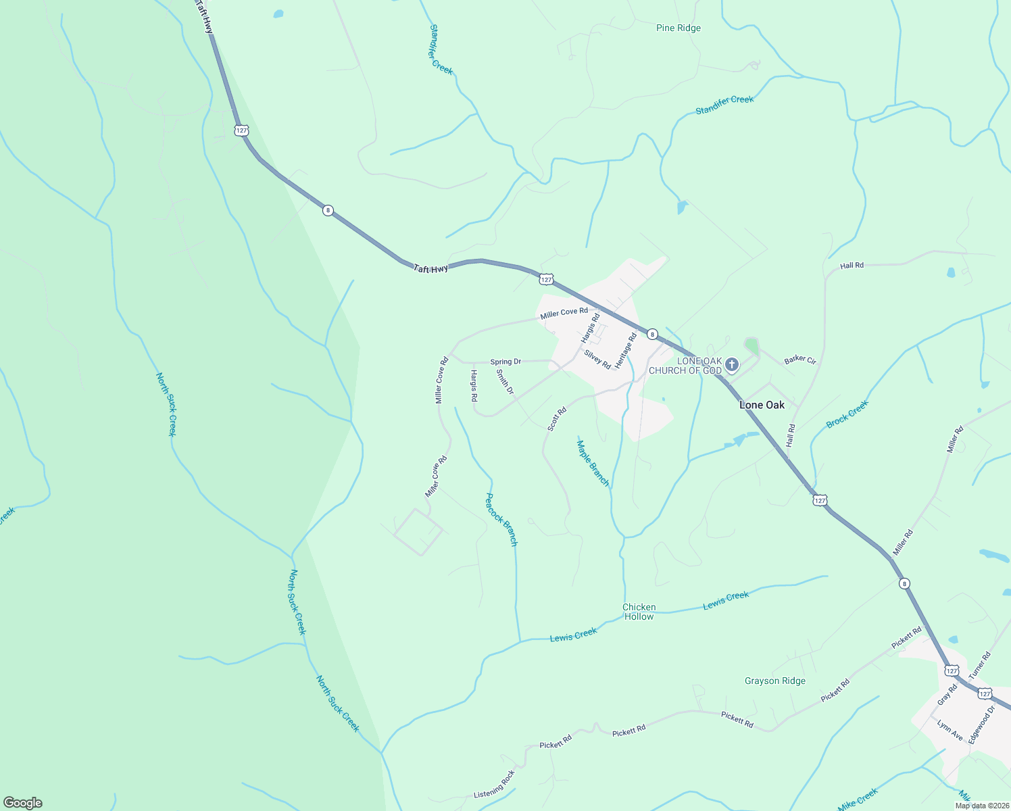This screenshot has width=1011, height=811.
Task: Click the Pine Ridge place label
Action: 678,28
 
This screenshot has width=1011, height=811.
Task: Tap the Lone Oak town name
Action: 762,405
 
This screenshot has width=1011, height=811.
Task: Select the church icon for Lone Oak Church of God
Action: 731,366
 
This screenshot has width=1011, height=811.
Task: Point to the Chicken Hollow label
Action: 639,612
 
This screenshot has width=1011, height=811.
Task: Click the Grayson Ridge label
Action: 774,681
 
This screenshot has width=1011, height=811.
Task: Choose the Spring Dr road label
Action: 505,362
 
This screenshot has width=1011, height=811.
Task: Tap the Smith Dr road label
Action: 505,382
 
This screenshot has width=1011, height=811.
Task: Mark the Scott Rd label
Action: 557,419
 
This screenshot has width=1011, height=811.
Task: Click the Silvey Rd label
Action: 597,359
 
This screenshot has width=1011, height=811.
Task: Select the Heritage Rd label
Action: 626,351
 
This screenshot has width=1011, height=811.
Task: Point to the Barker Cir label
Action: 800,360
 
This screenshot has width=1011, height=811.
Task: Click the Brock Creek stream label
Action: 847,414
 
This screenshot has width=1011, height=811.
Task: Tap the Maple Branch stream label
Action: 593,463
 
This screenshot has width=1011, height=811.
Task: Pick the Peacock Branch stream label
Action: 502,519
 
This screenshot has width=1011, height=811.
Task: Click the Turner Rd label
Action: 979,665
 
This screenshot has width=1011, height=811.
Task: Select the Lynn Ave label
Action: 950,730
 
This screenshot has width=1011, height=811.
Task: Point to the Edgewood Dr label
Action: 981,725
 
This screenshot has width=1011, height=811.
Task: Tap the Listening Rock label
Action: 494,783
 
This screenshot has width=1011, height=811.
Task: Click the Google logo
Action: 22,803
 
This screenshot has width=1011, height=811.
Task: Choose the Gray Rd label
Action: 947,695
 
